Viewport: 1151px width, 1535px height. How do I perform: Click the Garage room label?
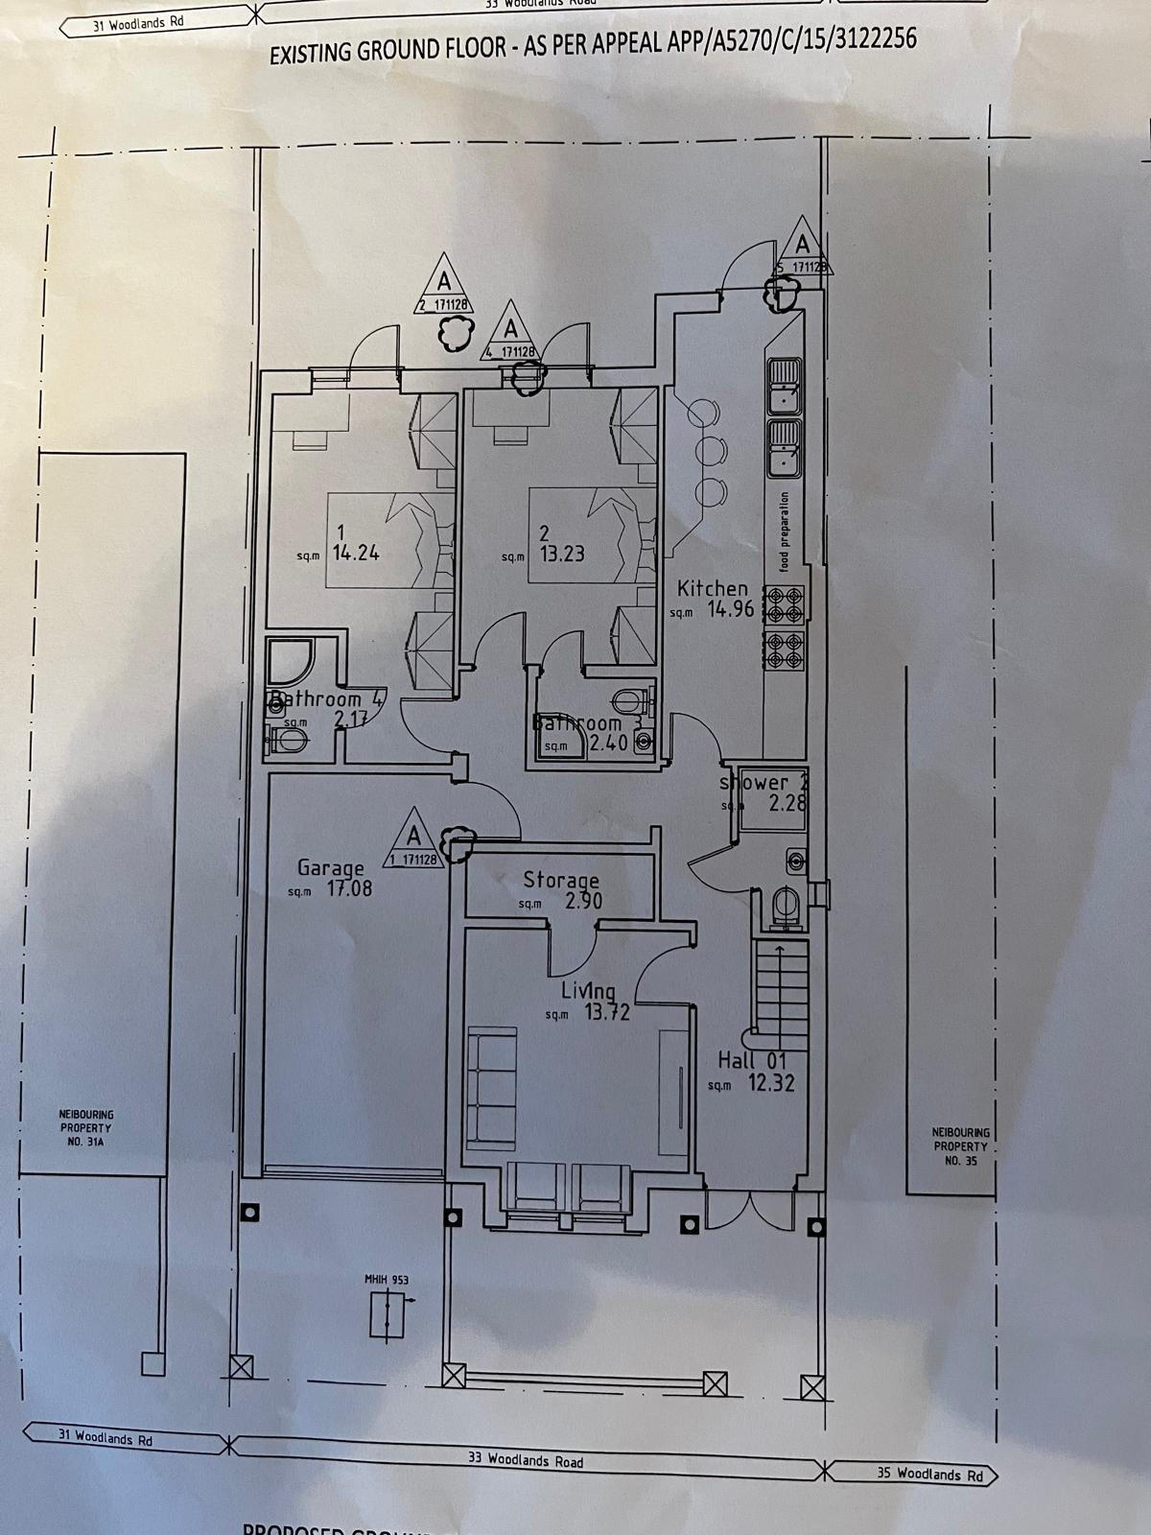click(x=330, y=868)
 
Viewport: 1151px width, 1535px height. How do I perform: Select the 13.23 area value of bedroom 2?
click(x=562, y=554)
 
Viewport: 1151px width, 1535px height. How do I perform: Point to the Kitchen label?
click(x=712, y=588)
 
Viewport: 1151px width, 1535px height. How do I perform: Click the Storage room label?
click(x=560, y=880)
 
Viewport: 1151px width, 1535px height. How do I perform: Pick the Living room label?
click(x=588, y=990)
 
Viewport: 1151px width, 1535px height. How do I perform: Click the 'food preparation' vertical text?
click(x=784, y=533)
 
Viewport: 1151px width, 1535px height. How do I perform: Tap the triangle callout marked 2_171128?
click(x=442, y=285)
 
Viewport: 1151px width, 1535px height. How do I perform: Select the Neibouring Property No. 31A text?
click(x=87, y=1128)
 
